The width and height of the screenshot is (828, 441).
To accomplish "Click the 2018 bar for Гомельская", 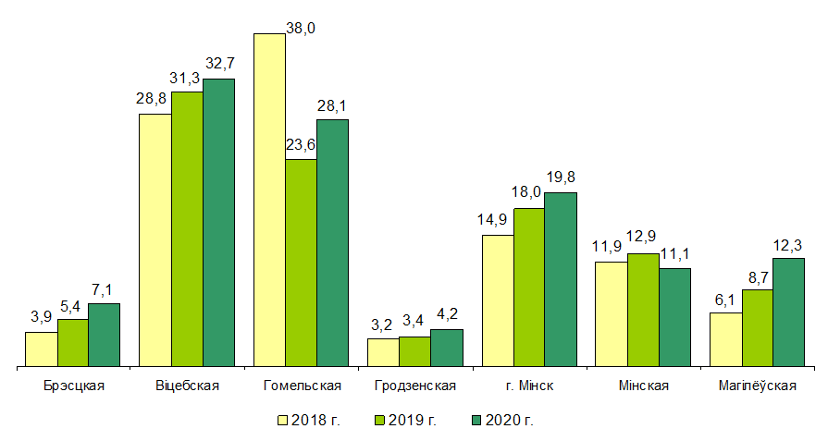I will pos(269,200).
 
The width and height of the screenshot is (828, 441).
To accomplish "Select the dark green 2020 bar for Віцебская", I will pos(219,223).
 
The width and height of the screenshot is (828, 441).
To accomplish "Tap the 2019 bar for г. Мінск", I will pos(529,288).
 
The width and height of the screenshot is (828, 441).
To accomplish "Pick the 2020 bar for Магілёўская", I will pos(788,312).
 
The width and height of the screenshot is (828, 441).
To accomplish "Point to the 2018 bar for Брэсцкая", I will pos(42,349).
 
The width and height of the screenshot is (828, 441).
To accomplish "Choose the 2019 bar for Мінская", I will pos(643,310).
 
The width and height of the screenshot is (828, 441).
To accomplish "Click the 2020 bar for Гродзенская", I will pos(446,348).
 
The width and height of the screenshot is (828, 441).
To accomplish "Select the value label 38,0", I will pos(302,29).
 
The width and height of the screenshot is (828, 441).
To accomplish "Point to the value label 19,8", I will pos(561,177).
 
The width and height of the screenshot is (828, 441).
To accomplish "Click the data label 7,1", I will pos(105,288).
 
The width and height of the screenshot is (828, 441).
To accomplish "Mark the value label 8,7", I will pos(757,275).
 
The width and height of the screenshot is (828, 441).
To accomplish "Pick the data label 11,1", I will pos(674,253).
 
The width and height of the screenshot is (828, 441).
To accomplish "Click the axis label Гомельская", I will pos(302,386).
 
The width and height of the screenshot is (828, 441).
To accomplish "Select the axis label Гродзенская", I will pos(415,386).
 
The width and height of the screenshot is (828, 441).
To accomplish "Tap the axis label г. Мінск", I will pos(530,386).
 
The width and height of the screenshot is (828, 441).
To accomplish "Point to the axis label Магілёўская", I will pos(757,386).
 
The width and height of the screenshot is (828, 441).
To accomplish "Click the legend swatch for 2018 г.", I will pos(283,420).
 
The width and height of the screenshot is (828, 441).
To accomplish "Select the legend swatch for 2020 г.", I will pos(476,420).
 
